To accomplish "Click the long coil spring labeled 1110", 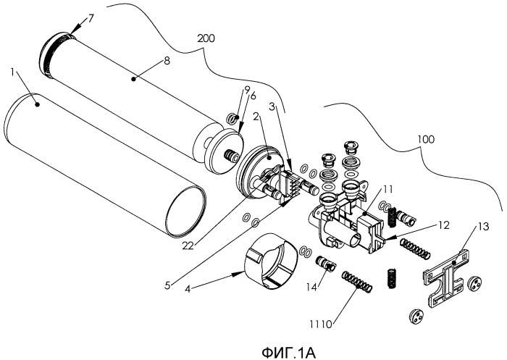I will click(x=356, y=280).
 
